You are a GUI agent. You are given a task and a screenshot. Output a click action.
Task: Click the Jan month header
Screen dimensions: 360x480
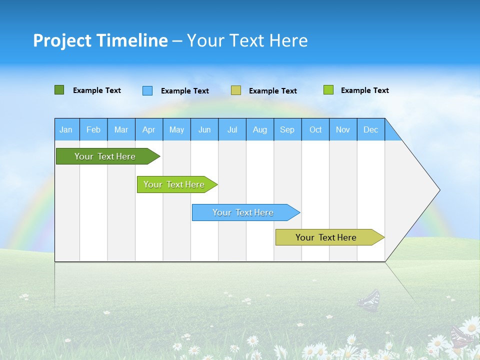pyautogui.click(x=66, y=129)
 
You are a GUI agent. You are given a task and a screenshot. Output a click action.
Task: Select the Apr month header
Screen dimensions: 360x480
pyautogui.click(x=148, y=129)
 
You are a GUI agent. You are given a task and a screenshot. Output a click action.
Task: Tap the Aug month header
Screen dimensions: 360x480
pyautogui.click(x=259, y=129)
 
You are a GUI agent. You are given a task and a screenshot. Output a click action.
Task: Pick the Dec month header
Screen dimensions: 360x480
pyautogui.click(x=370, y=129)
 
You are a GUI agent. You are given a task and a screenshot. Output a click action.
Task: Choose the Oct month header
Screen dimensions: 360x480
pyautogui.click(x=315, y=129)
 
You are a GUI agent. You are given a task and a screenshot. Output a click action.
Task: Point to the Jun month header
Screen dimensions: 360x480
pyautogui.click(x=204, y=129)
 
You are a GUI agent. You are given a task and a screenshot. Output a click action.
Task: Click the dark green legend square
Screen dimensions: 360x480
pyautogui.click(x=59, y=90)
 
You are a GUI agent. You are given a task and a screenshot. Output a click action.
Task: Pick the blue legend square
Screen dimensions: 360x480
pyautogui.click(x=147, y=90)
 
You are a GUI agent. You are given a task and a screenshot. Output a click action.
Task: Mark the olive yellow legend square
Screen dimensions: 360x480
pyautogui.click(x=236, y=90)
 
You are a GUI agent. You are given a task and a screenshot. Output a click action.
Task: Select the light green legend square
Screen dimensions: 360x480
pyautogui.click(x=328, y=90)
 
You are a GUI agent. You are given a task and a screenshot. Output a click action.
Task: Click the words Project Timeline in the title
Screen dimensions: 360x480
pyautogui.click(x=100, y=40)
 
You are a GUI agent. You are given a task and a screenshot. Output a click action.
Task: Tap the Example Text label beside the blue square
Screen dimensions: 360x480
pyautogui.click(x=185, y=91)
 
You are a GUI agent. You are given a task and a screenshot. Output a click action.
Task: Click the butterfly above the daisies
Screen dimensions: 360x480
pyautogui.click(x=369, y=300)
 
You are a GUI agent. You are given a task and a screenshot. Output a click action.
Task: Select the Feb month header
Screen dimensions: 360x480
pyautogui.click(x=93, y=129)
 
